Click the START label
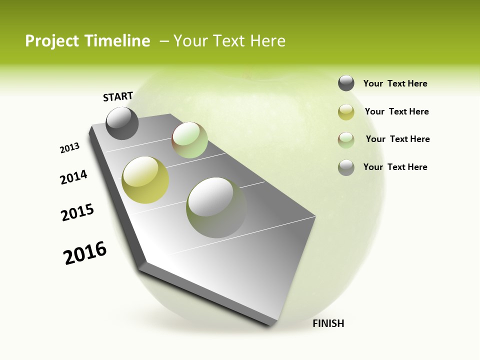118,96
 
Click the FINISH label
328,323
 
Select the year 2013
70,148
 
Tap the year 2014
74,177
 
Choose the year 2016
85,253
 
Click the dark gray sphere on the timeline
122,123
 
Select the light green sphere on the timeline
189,140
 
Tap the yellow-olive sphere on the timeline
145,180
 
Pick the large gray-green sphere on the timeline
216,207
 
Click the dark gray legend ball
346,83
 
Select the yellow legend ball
346,112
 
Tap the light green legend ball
346,139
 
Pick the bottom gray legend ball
346,167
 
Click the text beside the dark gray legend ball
395,84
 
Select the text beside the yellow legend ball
396,111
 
